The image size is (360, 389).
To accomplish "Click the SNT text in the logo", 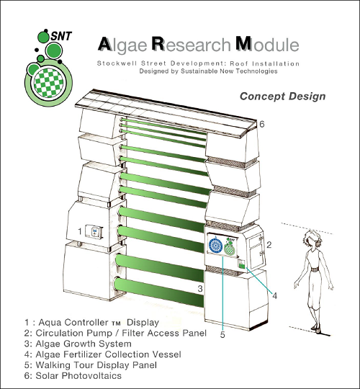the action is coord(61,36).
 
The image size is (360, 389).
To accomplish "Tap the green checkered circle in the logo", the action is coord(48,83).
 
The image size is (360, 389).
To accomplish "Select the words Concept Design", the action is coord(282,97).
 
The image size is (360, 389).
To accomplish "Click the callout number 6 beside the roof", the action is coord(262,124).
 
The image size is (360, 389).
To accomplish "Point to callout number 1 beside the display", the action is coord(80,231).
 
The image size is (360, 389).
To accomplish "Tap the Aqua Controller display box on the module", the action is coord(94,232).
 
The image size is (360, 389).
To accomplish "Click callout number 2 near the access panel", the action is coord(269,245).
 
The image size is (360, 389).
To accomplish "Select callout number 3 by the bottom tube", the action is coord(200,288).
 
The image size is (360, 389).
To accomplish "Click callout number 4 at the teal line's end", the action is coord(274,296).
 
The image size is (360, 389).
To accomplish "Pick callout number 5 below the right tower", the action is coord(222,335).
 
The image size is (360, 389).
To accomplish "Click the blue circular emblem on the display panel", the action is coord(215,246).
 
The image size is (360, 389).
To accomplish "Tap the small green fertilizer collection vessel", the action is coord(242,264).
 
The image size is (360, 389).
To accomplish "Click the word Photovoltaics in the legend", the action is coord(92,375).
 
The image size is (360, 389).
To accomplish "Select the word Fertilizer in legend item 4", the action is coord(84,354).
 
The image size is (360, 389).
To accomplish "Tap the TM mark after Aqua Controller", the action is coord(116,323).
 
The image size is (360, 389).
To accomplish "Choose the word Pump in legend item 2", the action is coord(99,334).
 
